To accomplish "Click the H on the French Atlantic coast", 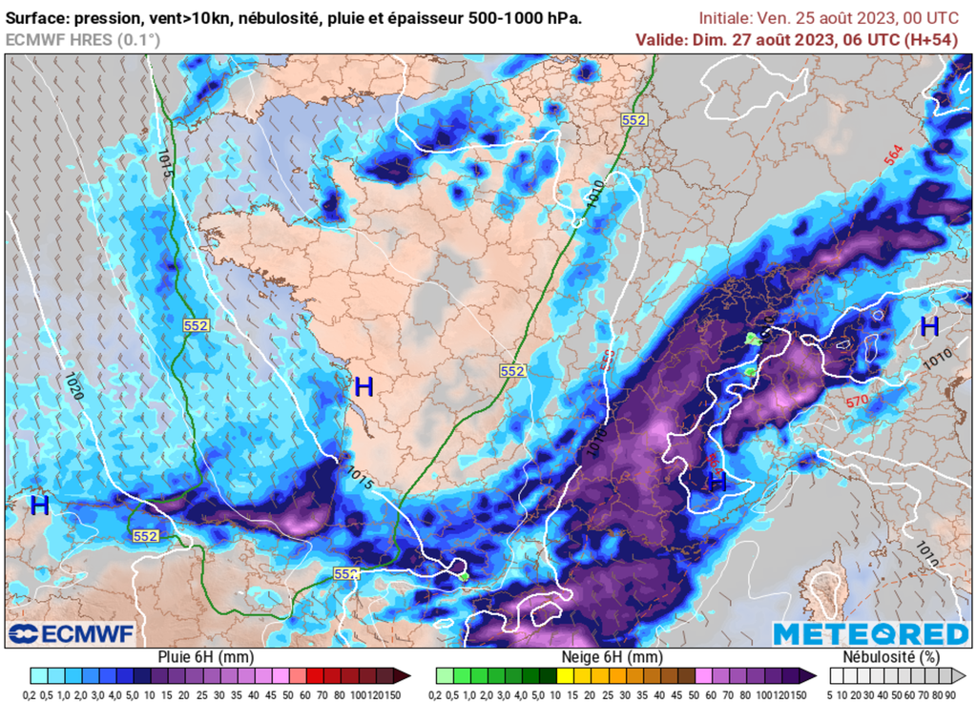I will click(364, 386).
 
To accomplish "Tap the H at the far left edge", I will click(39, 506).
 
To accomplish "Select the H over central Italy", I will click(717, 482).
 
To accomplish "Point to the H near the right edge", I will click(929, 326).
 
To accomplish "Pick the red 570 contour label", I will click(856, 403).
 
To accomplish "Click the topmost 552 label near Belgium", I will click(634, 120).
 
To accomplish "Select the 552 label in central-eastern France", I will click(512, 371).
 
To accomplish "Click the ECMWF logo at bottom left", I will click(71, 634).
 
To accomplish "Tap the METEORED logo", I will click(870, 634).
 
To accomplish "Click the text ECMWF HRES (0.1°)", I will click(83, 39).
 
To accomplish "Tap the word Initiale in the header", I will click(725, 18).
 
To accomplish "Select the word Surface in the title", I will click(37, 18).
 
